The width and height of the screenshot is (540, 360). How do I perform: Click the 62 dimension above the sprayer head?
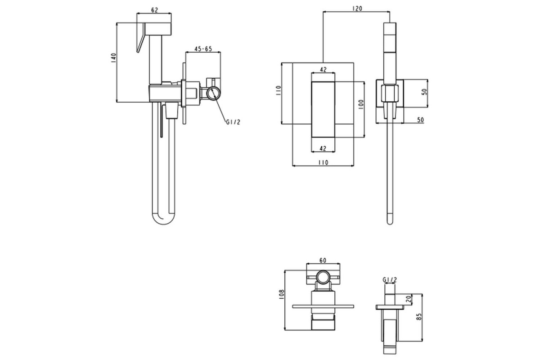(154, 10)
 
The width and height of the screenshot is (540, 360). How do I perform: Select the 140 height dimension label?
(113, 58)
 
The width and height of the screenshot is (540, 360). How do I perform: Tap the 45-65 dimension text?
(203, 49)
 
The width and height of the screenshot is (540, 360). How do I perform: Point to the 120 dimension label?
(357, 9)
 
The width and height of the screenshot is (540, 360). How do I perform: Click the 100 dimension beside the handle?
(361, 104)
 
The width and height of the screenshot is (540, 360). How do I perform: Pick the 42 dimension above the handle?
(323, 69)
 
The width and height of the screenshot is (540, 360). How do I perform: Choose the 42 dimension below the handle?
(323, 148)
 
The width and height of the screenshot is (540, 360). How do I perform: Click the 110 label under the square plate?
(323, 163)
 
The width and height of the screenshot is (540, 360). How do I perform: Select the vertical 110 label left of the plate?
(278, 90)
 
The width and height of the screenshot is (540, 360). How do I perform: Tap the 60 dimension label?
(323, 261)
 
